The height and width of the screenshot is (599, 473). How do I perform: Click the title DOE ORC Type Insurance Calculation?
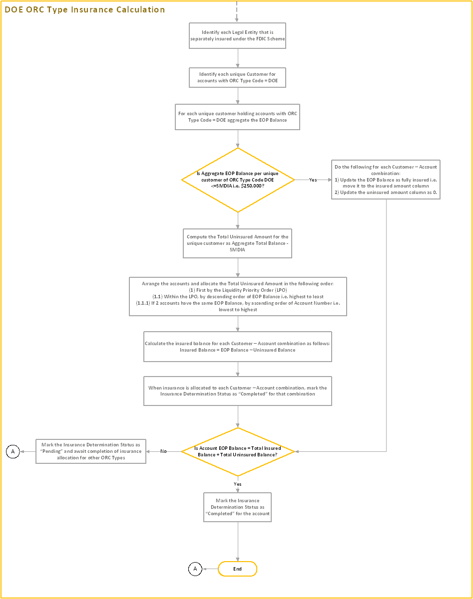85,9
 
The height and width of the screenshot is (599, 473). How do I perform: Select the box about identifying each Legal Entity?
237,35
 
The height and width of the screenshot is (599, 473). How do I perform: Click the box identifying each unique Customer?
237,77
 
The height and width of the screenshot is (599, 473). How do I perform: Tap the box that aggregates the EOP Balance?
237,117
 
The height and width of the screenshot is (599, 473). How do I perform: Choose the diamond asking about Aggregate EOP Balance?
238,180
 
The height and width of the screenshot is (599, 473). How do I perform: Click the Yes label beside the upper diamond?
313,180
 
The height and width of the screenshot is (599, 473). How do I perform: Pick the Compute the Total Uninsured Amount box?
237,243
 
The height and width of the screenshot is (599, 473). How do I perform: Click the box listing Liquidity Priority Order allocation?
237,296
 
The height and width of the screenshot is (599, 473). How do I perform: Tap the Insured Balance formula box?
237,347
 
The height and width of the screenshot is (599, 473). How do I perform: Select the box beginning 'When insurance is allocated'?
237,391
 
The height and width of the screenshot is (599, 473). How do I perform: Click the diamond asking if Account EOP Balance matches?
238,451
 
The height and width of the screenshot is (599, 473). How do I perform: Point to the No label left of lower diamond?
163,451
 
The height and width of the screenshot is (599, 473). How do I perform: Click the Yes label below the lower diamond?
238,484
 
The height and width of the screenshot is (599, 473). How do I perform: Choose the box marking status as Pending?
90,451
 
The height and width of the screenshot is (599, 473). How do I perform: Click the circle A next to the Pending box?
13,452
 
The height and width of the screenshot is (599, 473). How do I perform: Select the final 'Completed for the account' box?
237,507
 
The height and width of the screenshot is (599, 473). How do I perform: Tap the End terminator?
238,569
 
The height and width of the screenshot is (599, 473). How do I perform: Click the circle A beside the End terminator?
195,569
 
